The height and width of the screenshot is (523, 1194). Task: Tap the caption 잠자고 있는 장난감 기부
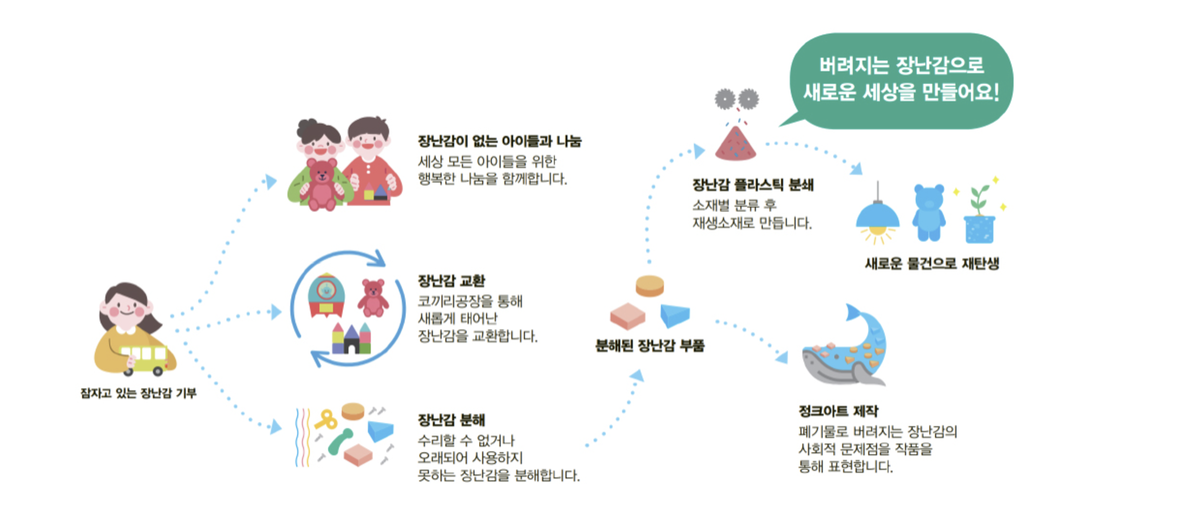(138, 393)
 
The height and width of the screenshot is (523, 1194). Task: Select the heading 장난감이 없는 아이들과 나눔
(500, 141)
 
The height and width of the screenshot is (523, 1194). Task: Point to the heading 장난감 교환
(452, 281)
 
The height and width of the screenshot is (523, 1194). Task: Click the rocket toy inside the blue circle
(326, 295)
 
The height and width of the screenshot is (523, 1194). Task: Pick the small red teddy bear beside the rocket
(373, 298)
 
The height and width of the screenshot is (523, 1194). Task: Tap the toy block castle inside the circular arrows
(351, 338)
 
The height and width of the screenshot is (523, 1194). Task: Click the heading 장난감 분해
(452, 420)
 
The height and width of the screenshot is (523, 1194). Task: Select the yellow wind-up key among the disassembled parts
(326, 419)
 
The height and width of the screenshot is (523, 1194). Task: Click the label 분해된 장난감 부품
(650, 346)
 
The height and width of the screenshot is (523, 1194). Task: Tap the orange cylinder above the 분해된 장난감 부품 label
(650, 286)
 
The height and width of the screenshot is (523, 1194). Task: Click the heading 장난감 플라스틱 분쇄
(753, 185)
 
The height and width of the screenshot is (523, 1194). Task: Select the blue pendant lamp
(877, 214)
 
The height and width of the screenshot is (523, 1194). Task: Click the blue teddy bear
(928, 213)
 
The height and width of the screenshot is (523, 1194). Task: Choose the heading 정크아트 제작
(838, 411)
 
